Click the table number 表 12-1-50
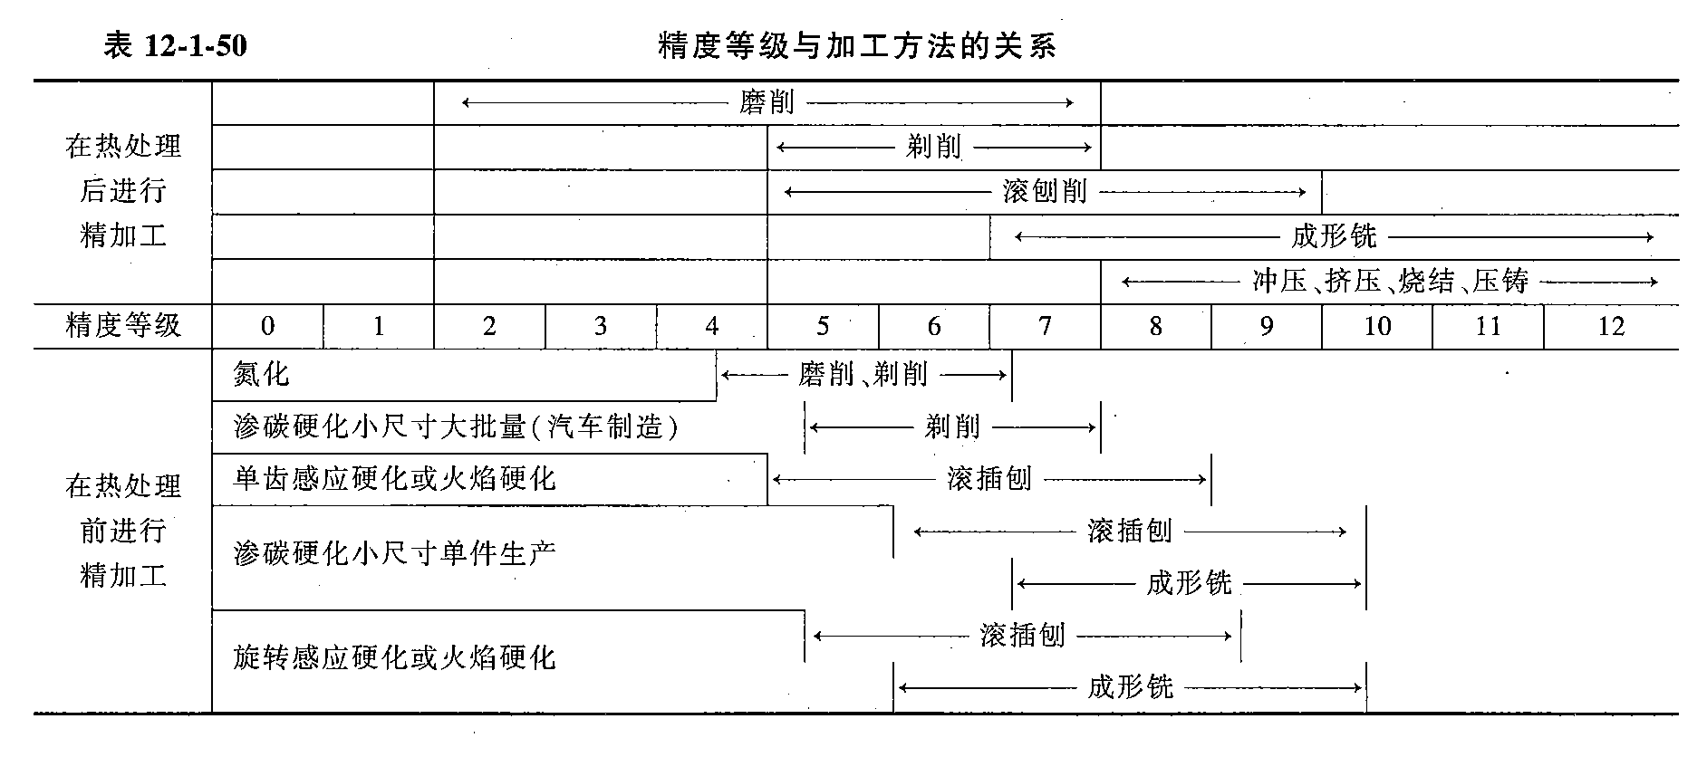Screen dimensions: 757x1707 (x=175, y=45)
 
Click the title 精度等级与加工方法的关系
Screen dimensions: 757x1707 (x=856, y=45)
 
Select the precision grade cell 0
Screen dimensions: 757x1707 (x=267, y=326)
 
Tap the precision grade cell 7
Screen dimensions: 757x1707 (x=1045, y=326)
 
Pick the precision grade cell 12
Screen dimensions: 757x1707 (x=1610, y=326)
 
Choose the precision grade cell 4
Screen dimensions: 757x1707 (x=711, y=326)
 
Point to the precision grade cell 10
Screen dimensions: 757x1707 (x=1376, y=326)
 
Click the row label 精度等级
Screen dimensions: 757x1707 (x=123, y=325)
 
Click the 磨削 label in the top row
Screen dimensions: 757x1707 (x=767, y=102)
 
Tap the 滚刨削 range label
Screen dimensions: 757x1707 (x=1044, y=192)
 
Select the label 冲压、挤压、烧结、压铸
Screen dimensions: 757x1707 (x=1390, y=282)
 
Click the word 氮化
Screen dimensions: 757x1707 (x=261, y=374)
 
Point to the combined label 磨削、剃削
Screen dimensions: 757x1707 (x=863, y=374)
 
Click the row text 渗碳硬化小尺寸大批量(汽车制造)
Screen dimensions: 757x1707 (x=456, y=426)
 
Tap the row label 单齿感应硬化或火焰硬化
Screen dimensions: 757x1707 (x=394, y=478)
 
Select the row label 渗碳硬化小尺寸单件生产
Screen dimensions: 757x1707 (x=394, y=552)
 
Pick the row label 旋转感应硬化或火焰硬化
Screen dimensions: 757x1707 (x=394, y=657)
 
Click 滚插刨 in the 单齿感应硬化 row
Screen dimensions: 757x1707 (x=989, y=478)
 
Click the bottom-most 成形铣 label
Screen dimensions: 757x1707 (x=1130, y=687)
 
